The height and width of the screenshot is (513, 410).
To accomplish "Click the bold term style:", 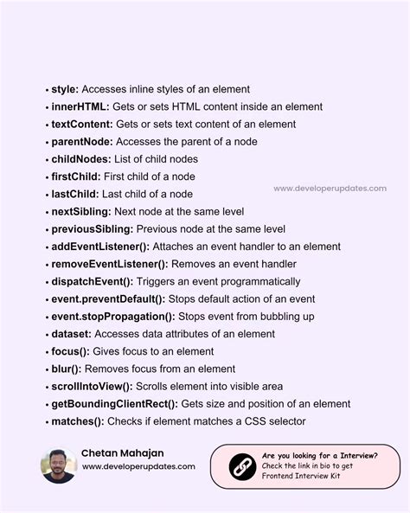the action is click(x=65, y=89).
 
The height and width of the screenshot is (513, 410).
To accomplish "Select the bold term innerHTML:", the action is click(x=80, y=106).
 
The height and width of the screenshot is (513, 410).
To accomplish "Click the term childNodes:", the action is click(x=80, y=159).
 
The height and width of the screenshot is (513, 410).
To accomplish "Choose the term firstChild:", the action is click(x=75, y=176).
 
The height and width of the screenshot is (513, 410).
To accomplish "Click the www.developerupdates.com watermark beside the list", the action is click(x=330, y=189).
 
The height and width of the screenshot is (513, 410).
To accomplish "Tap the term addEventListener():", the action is click(x=99, y=247).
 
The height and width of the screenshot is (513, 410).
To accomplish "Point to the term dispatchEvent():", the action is click(x=92, y=281).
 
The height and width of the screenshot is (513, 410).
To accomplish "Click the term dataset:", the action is click(x=71, y=334).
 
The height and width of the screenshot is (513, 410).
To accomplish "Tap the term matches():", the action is click(x=77, y=421).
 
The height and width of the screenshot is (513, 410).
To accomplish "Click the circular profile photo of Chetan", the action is click(x=58, y=465).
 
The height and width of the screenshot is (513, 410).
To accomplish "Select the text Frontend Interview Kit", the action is click(x=302, y=477).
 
